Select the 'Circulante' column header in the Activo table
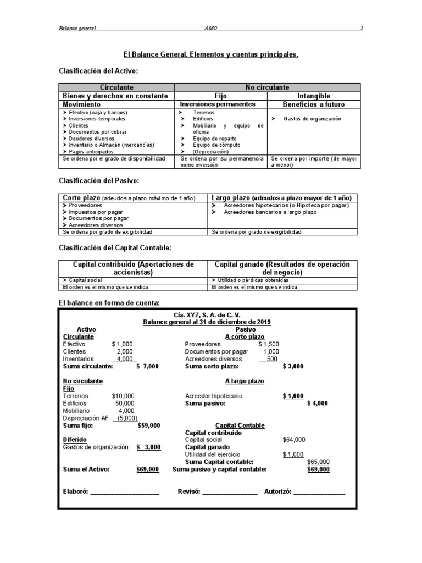click(116, 87)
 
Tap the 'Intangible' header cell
click(313, 96)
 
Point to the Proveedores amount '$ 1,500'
click(268, 344)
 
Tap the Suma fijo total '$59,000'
click(148, 425)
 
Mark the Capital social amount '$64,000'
click(294, 440)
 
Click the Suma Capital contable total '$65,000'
click(318, 462)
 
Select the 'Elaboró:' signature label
click(76, 492)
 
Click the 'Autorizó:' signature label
click(279, 492)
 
